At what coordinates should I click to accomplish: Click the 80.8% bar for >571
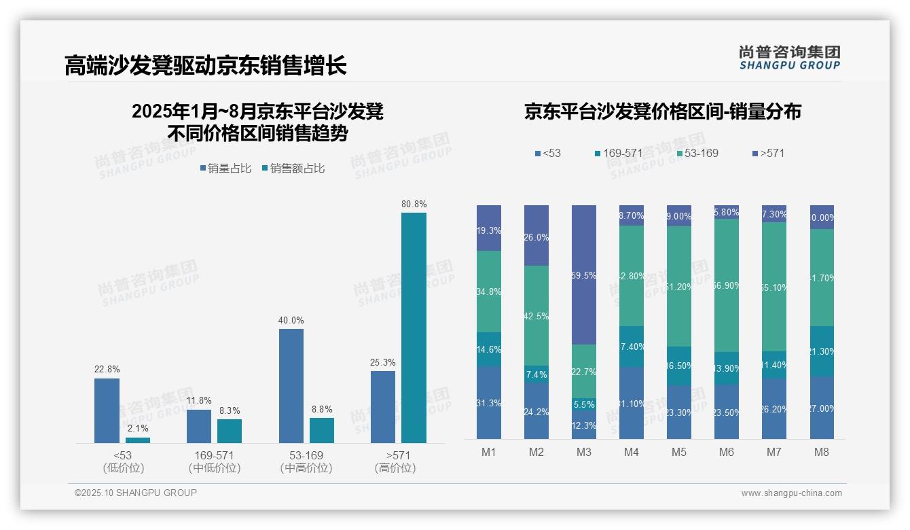click(x=414, y=328)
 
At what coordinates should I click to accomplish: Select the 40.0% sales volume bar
click(x=291, y=386)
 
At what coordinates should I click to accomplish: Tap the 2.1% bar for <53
click(x=138, y=440)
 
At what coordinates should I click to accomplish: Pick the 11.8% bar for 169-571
click(x=199, y=426)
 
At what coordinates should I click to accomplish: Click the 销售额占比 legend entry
click(x=293, y=169)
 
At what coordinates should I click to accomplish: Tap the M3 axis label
click(x=584, y=452)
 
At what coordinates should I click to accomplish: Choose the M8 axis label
click(x=822, y=452)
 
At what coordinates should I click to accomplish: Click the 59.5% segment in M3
click(x=584, y=275)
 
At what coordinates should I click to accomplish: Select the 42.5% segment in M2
click(x=536, y=315)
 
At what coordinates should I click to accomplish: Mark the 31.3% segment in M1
click(x=489, y=403)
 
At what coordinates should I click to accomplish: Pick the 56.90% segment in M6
click(x=727, y=285)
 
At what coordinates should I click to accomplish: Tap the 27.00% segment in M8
click(x=822, y=408)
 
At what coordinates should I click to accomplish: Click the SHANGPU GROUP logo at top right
click(x=789, y=58)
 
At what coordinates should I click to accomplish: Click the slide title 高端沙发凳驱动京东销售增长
click(x=206, y=66)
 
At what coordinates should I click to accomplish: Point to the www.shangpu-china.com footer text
click(x=791, y=493)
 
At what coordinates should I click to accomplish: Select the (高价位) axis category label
click(x=395, y=468)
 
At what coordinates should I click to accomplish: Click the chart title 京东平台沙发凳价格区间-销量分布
click(x=662, y=111)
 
